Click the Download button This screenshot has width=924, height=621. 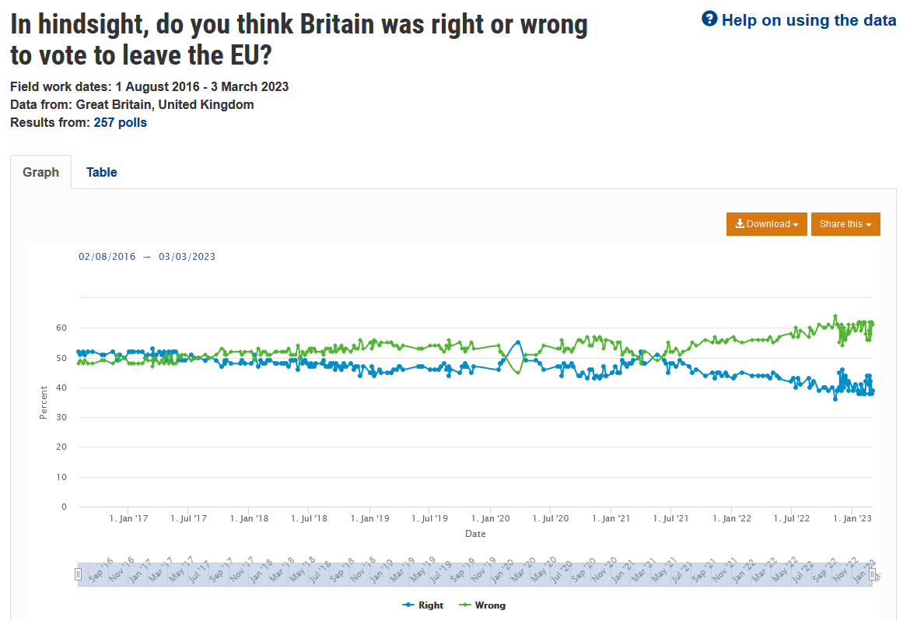pos(767,224)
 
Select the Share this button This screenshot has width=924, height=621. pos(845,224)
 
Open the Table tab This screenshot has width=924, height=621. pos(101,172)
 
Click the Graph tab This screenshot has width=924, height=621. pos(40,172)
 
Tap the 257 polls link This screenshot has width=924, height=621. pos(121,122)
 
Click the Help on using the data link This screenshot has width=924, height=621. pos(808,20)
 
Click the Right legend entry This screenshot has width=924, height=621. pos(423,605)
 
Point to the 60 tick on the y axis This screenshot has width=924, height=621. pos(61,328)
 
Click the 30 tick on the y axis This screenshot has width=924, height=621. pos(61,418)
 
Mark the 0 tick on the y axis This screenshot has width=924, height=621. pos(64,507)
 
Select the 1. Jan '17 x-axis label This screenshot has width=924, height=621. pos(129,518)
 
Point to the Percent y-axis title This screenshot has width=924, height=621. pos(44,402)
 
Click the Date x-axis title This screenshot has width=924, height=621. pos(475,534)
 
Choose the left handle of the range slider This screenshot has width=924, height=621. pos(78,574)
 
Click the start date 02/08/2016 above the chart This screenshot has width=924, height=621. pos(107,257)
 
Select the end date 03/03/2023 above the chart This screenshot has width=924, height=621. pos(187,257)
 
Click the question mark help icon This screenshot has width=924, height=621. pos(709,19)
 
